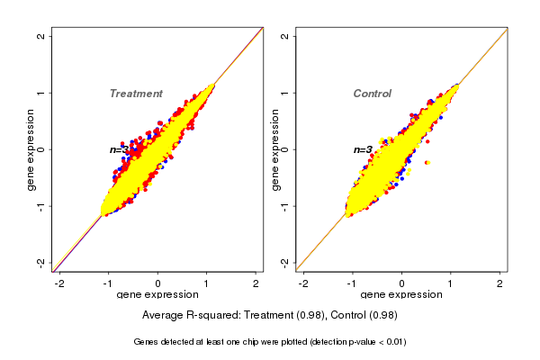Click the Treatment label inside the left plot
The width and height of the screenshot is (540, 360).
[x=136, y=94]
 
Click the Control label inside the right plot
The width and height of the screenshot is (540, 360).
[x=372, y=94]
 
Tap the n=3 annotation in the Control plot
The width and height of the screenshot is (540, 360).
[x=362, y=150]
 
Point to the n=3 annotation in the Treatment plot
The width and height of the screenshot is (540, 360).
[x=120, y=150]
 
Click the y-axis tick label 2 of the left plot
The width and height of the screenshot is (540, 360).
[x=41, y=36]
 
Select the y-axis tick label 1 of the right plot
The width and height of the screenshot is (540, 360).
[x=285, y=93]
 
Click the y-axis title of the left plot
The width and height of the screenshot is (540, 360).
[x=31, y=149]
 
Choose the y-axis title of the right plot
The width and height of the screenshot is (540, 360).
[x=275, y=149]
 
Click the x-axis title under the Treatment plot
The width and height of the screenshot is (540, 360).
[x=157, y=295]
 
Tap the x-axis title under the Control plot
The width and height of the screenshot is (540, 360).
[x=401, y=295]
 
